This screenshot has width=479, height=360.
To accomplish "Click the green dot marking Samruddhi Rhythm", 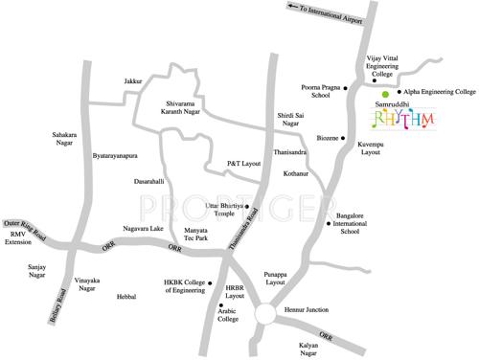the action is pos(385,95).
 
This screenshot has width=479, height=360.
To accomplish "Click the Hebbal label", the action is pos(126,298).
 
